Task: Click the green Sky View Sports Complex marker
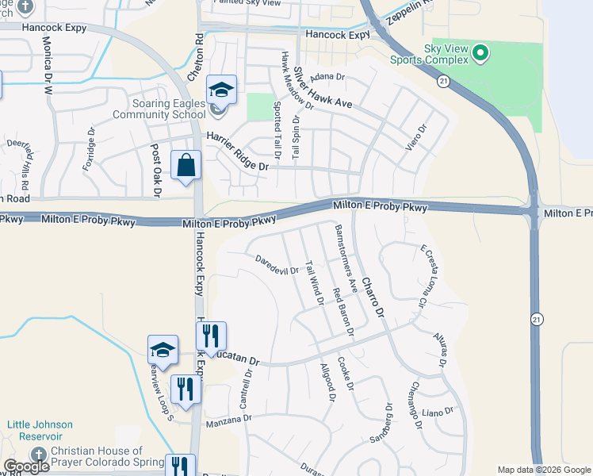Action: point(479,55)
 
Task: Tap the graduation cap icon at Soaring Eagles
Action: point(222,90)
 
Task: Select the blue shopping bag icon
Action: point(186,166)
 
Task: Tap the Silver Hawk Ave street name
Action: point(322,88)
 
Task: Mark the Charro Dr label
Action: point(372,297)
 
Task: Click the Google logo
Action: point(26,466)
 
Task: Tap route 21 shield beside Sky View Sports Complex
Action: point(443,81)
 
